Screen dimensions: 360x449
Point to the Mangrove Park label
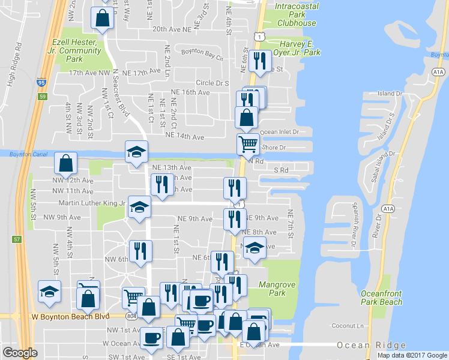pyautogui.click(x=273, y=289)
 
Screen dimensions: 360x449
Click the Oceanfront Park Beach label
pyautogui.click(x=381, y=297)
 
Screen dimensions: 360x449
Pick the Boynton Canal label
pyautogui.click(x=23, y=154)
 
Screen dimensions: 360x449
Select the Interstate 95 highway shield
pyautogui.click(x=41, y=82)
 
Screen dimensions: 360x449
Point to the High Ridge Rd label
pyautogui.click(x=14, y=63)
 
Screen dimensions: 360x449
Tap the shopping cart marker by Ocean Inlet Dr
pyautogui.click(x=248, y=144)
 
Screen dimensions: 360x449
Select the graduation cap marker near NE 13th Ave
pyautogui.click(x=136, y=151)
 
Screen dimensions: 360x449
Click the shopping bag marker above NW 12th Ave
pyautogui.click(x=65, y=163)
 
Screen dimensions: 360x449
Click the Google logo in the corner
pyautogui.click(x=20, y=353)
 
